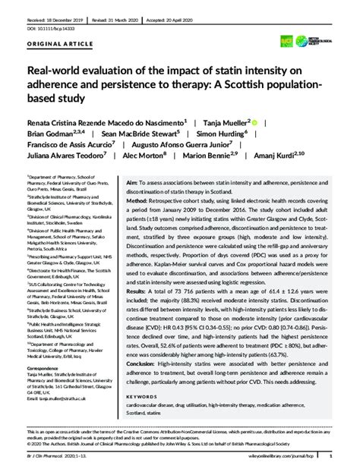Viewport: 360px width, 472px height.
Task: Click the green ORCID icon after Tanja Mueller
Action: click(254, 121)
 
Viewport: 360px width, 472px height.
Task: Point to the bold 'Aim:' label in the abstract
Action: click(133, 184)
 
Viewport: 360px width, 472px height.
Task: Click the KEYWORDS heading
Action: click(144, 395)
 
